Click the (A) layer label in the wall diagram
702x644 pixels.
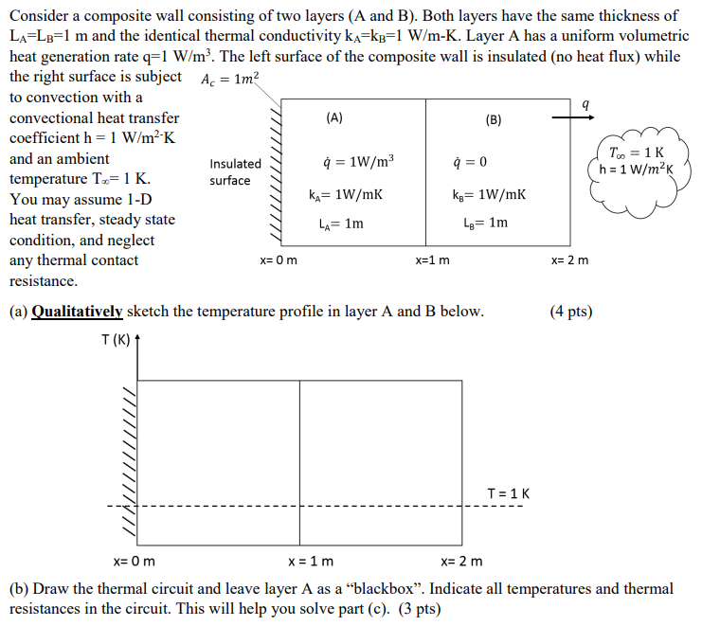(333, 118)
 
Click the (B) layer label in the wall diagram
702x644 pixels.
(494, 119)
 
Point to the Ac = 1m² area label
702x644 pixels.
(229, 80)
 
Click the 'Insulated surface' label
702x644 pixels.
(235, 171)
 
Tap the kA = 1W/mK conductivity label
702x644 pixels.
(346, 194)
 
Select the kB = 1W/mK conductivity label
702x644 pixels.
(489, 194)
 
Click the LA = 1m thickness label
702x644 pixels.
(341, 224)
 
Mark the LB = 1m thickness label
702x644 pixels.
(486, 224)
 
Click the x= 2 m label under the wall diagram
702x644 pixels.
(569, 259)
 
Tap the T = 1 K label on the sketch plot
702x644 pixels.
(508, 493)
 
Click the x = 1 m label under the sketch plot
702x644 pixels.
(310, 561)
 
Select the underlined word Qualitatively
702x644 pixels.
(77, 311)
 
